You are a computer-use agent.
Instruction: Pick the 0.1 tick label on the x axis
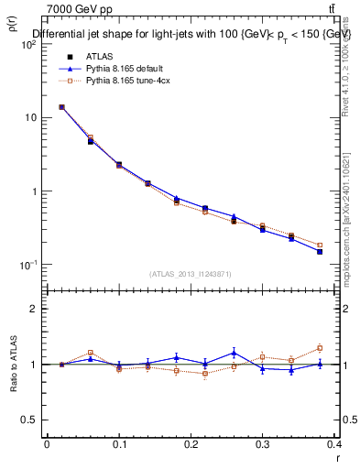coord(119,444)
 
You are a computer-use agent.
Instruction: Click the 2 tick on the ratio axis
coord(32,309)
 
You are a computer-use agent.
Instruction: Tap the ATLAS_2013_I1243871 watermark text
coord(189,274)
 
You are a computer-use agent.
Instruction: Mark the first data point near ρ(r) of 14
coord(61,107)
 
